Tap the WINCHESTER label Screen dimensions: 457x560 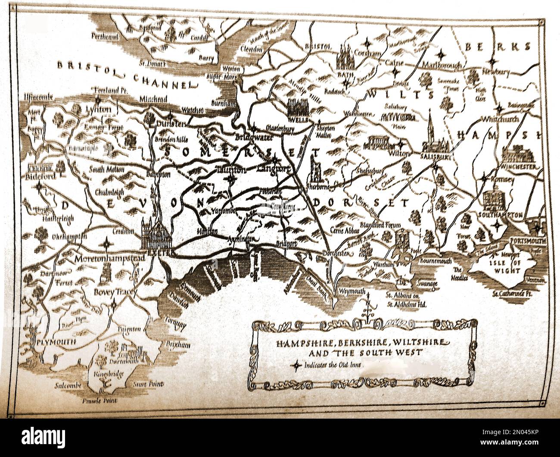(x=521, y=166)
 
